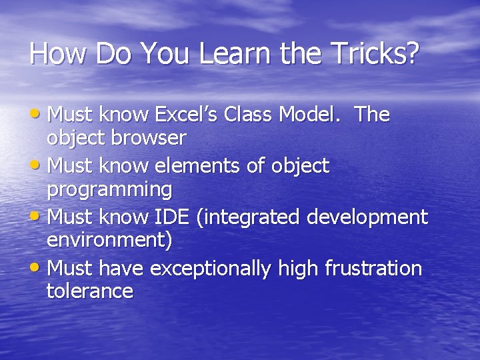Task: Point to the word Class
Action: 248,115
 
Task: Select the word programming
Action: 109,190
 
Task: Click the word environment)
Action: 109,241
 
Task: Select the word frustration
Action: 373,269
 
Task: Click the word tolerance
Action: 90,291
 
